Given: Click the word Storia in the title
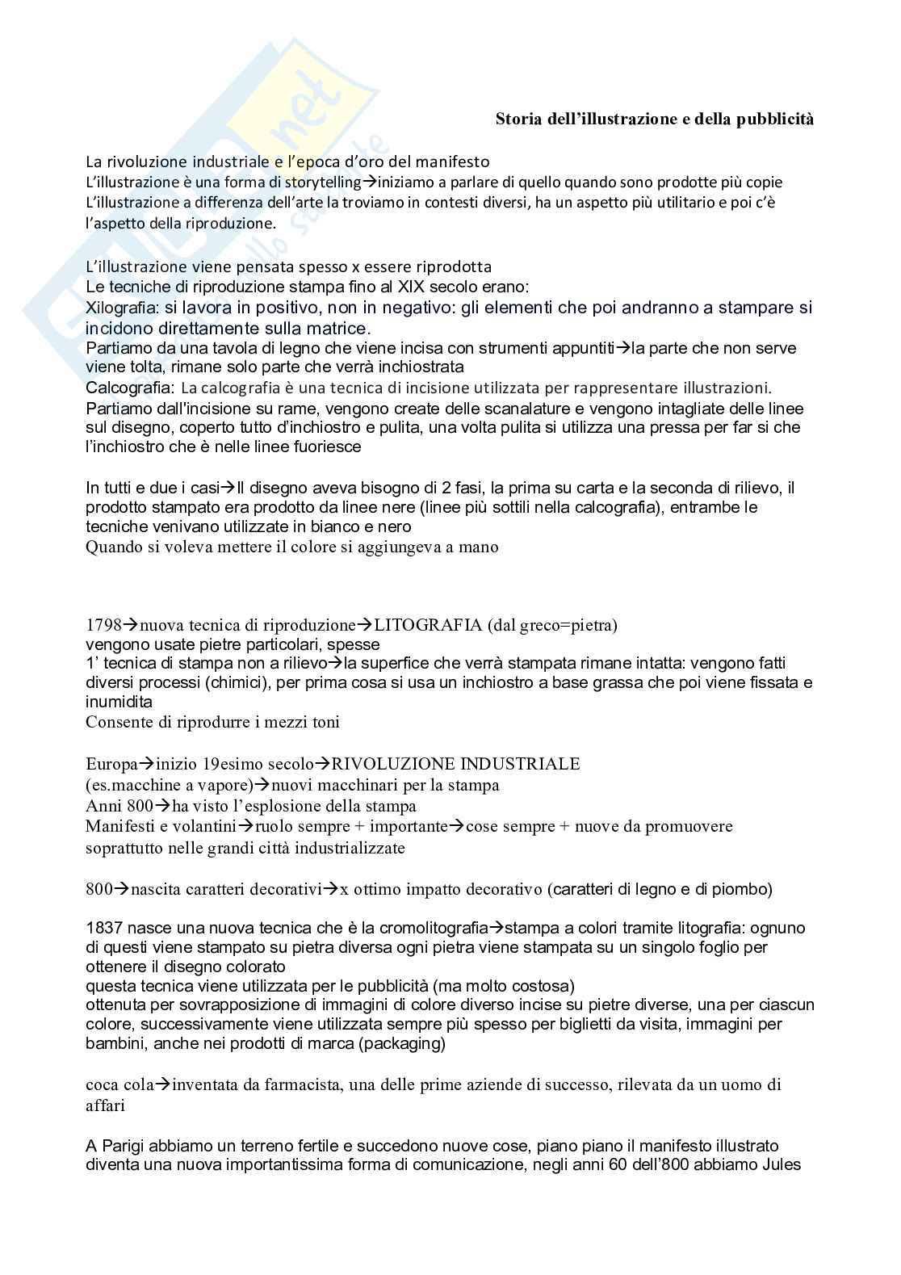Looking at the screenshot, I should click(518, 120).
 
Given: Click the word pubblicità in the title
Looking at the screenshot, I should click(774, 120).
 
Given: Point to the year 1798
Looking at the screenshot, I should click(103, 625).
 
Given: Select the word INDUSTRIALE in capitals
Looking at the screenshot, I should click(527, 764).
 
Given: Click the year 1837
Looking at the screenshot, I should click(103, 928).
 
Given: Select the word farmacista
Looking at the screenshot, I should click(308, 1084).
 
